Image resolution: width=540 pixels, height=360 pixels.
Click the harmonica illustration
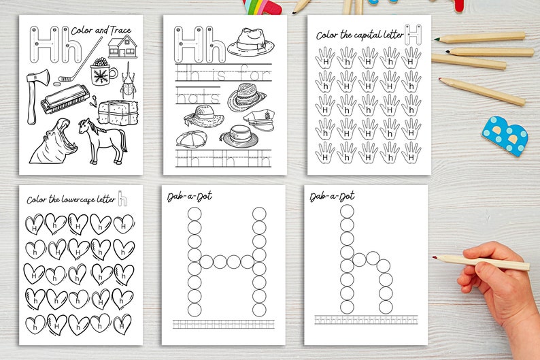coord(65,103)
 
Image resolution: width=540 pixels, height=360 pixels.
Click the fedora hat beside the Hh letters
coord(251,42)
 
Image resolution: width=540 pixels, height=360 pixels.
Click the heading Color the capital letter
coord(360,34)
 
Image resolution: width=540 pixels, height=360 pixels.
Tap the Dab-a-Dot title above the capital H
coord(190,197)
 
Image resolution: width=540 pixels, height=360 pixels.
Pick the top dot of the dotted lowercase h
coord(347,211)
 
